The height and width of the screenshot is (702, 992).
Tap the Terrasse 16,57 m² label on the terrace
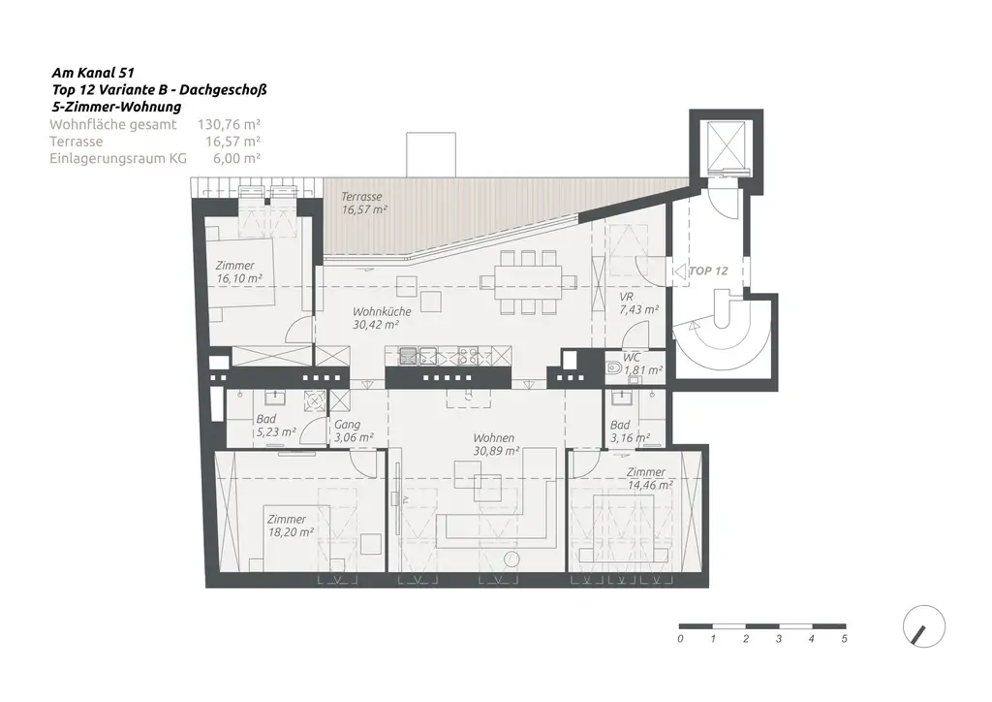tap(363, 203)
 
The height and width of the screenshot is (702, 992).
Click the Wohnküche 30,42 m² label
tap(382, 318)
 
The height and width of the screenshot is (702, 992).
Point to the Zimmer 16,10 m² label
tap(238, 271)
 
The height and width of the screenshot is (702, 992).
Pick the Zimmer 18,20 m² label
tap(290, 526)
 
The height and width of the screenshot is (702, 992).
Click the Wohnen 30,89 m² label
tap(495, 444)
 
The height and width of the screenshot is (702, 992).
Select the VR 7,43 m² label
tap(638, 303)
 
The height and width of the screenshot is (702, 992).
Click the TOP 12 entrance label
tap(707, 271)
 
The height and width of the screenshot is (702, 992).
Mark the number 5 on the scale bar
tap(844, 639)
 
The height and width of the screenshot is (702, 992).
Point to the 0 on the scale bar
tap(680, 639)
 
